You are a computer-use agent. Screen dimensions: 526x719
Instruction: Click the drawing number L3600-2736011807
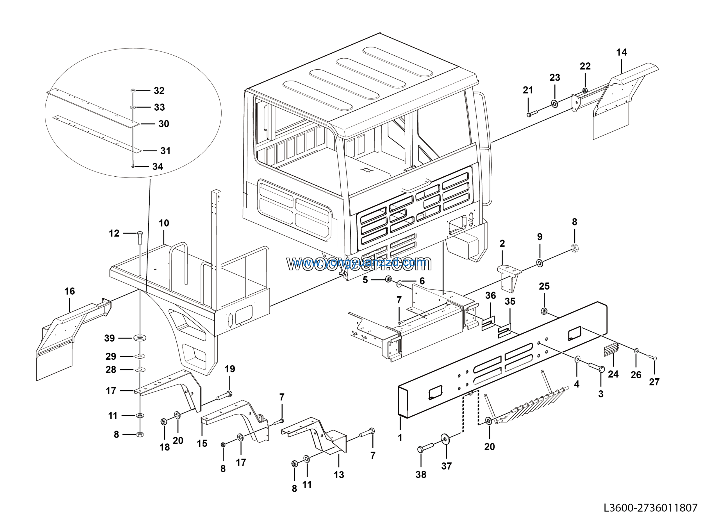pyautogui.click(x=650, y=507)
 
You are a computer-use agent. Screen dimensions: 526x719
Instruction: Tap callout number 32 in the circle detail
pyautogui.click(x=159, y=91)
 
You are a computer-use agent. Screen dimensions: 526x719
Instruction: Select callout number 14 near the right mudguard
pyautogui.click(x=621, y=52)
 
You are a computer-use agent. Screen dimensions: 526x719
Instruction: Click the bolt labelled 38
pyautogui.click(x=424, y=449)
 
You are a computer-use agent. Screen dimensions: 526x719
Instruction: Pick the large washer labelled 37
pyautogui.click(x=445, y=439)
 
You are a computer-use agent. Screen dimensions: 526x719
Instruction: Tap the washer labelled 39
pyautogui.click(x=140, y=337)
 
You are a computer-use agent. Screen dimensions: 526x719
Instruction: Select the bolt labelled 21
pyautogui.click(x=532, y=114)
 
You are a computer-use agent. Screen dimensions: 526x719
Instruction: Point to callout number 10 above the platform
pyautogui.click(x=164, y=223)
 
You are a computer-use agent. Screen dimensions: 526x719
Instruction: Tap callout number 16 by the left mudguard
pyautogui.click(x=69, y=291)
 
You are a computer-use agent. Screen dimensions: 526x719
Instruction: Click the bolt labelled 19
pyautogui.click(x=225, y=396)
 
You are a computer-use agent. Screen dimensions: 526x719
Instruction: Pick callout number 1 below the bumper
pyautogui.click(x=400, y=438)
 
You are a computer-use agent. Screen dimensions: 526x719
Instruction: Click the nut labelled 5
pyautogui.click(x=388, y=279)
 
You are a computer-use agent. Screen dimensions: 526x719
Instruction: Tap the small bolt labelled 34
pyautogui.click(x=133, y=166)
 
